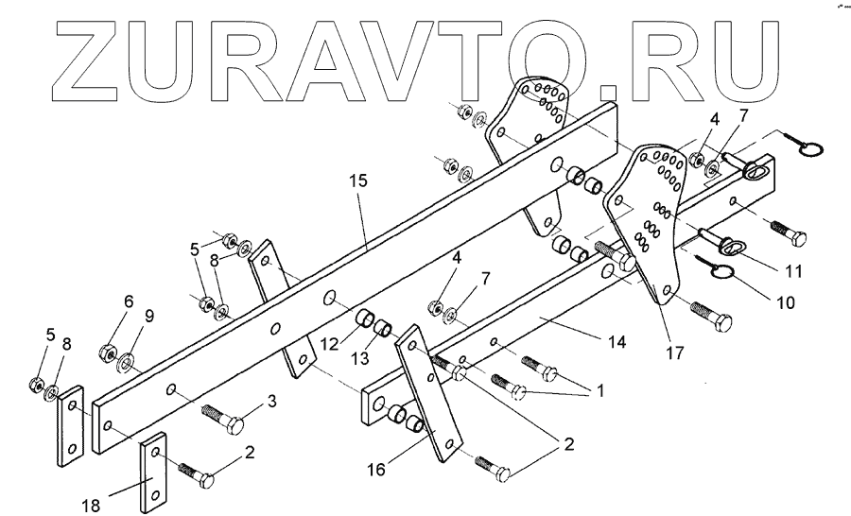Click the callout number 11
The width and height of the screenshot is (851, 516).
(792, 271)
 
